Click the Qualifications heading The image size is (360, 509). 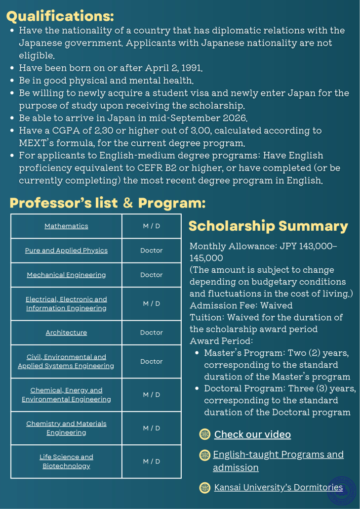click(x=60, y=16)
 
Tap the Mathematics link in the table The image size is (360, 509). click(x=66, y=226)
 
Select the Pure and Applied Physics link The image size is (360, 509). click(x=66, y=251)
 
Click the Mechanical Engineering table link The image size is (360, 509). click(x=66, y=275)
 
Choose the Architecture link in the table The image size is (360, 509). click(x=66, y=333)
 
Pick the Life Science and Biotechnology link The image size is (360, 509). click(x=66, y=462)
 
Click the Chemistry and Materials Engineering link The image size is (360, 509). click(x=66, y=428)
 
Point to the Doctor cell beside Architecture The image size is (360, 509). click(x=151, y=333)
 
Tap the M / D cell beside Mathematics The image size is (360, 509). click(x=151, y=226)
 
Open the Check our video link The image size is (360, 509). click(x=252, y=434)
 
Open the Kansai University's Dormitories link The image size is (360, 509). click(x=278, y=488)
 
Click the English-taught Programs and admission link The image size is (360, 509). click(x=278, y=461)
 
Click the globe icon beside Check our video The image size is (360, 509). click(x=205, y=434)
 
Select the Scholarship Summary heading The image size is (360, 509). click(x=268, y=226)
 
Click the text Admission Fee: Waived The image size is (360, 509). click(x=241, y=305)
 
